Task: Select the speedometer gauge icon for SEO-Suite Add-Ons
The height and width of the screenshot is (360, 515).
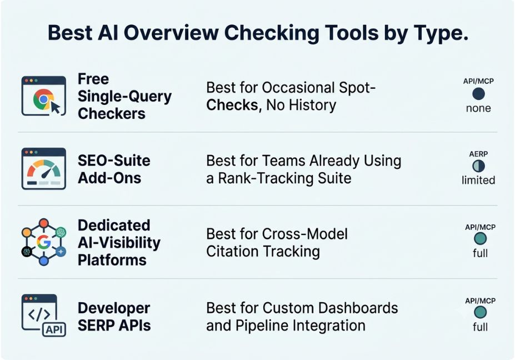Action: pos(44,169)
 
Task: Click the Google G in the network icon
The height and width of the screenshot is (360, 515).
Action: pos(44,242)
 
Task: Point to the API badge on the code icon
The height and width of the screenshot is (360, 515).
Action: pos(54,329)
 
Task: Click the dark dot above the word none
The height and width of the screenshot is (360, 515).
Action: pos(478,94)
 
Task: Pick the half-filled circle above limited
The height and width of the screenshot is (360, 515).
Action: pos(478,166)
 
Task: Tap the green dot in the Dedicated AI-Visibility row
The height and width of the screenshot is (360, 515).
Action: pos(480,239)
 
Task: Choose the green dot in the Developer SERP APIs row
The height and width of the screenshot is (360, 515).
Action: pos(480,312)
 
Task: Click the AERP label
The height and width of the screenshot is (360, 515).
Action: pos(478,154)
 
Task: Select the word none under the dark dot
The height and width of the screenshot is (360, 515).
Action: pos(478,108)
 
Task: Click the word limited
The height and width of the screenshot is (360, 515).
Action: pos(478,180)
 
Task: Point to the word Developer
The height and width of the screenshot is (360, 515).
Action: pos(114,308)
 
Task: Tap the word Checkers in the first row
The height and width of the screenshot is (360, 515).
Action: pos(112,114)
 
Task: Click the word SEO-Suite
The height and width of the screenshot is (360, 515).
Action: pos(114,161)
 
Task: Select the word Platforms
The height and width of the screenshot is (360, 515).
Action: pos(112,260)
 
